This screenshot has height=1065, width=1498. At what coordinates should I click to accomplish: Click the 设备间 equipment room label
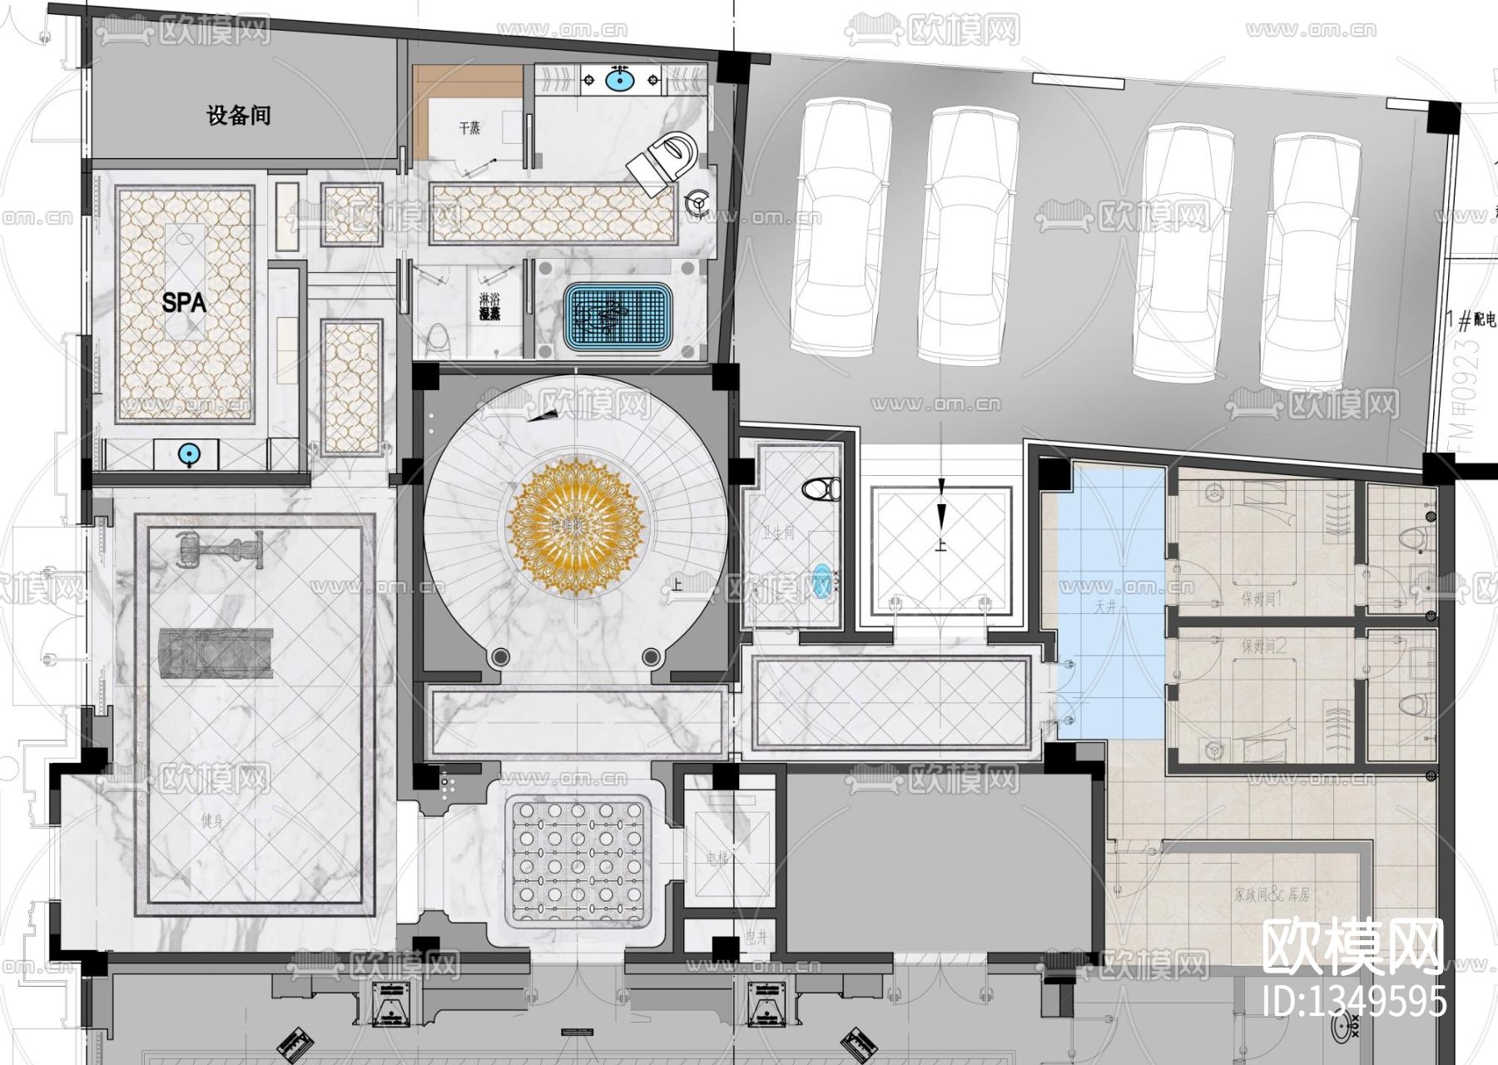point(239,115)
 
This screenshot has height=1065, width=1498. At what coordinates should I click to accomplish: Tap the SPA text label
point(184,303)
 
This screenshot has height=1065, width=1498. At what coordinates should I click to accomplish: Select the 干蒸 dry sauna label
point(469,129)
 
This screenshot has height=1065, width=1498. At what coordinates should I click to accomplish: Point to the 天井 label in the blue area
point(1104,608)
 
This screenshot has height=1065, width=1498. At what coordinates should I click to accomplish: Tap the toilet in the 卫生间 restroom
point(822,488)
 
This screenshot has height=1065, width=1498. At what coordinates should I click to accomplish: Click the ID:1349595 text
point(1354,1001)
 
